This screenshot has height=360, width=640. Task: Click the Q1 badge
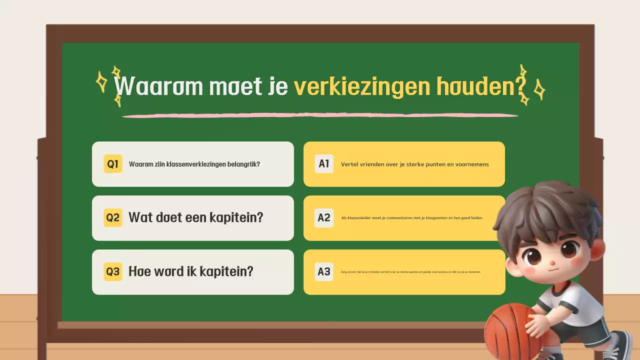[113, 164]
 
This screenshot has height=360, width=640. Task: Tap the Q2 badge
[113, 218]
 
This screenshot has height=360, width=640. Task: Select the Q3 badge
[113, 271]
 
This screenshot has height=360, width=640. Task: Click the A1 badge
[324, 163]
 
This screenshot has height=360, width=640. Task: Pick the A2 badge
[324, 217]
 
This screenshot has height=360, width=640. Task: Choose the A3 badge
[324, 271]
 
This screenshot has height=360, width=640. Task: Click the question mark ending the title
[520, 86]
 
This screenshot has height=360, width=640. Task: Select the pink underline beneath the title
[320, 115]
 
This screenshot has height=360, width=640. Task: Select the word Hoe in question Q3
[139, 271]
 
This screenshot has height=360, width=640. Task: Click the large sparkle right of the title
[539, 90]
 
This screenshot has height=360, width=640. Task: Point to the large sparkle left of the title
[101, 81]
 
